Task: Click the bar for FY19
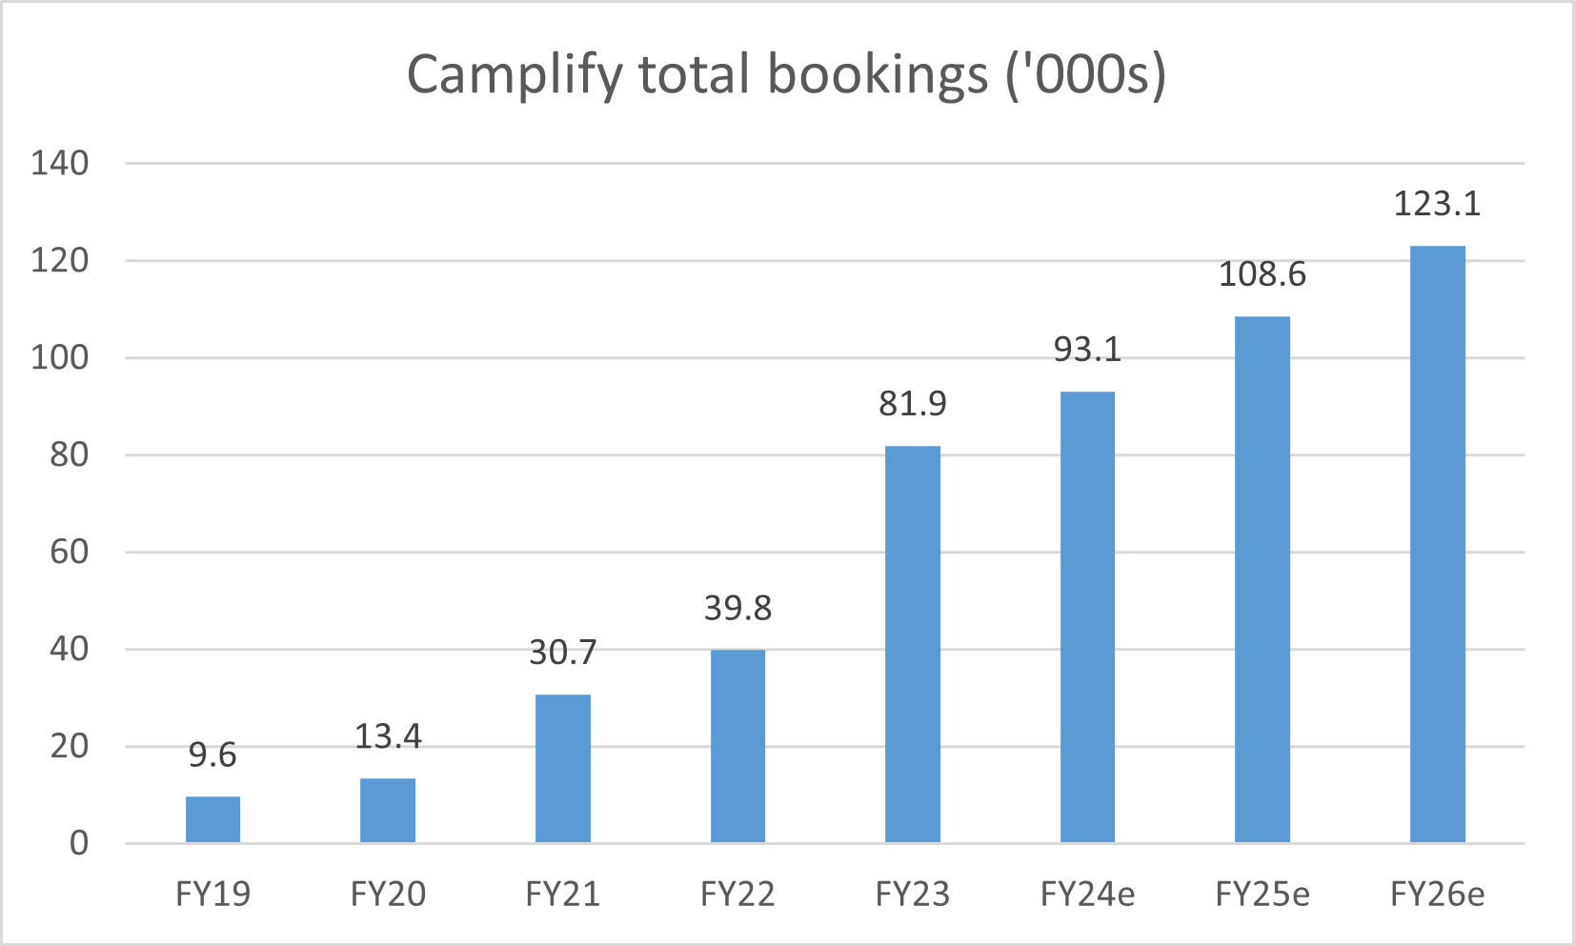[x=212, y=819]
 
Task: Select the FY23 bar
[x=912, y=644]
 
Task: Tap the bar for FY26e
[x=1437, y=544]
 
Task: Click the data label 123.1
[x=1437, y=204]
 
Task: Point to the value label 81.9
[x=912, y=404]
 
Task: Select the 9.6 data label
[x=212, y=755]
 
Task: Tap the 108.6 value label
[x=1262, y=274]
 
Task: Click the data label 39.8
[x=737, y=608]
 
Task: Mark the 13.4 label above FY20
[x=388, y=736]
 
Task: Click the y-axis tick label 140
[x=59, y=163]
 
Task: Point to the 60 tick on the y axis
[x=69, y=552]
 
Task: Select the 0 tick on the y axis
[x=79, y=843]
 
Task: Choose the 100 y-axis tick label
[x=59, y=357]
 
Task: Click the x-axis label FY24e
[x=1087, y=895]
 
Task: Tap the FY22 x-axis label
[x=737, y=895]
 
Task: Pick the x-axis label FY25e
[x=1262, y=895]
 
